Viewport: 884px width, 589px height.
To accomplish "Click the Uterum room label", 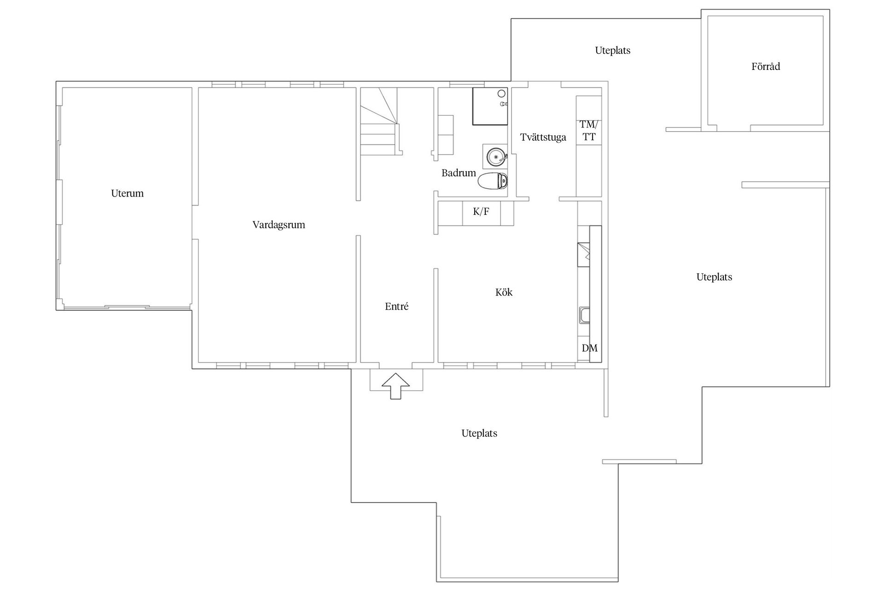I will (127, 193).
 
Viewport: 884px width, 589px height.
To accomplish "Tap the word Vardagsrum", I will (279, 225).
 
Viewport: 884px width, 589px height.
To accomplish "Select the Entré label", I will (396, 306).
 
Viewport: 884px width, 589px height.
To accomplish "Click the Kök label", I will (504, 292).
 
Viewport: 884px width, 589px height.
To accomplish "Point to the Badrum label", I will (459, 173).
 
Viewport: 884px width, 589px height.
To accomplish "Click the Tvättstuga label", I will (543, 137).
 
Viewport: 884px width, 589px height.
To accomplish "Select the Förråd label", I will (766, 67).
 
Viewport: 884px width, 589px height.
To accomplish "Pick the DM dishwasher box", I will (589, 348).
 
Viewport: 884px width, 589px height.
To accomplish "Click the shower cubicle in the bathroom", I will (490, 106).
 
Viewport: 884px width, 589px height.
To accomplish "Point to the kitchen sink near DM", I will (584, 315).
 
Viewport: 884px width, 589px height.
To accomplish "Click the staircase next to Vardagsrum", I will (378, 129).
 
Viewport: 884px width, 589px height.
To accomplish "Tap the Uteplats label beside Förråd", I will (612, 51).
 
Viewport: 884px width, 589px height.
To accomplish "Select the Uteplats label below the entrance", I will (479, 433).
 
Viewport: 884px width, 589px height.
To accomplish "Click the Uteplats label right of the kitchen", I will (714, 277).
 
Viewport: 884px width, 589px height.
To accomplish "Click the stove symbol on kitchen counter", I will (584, 254).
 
